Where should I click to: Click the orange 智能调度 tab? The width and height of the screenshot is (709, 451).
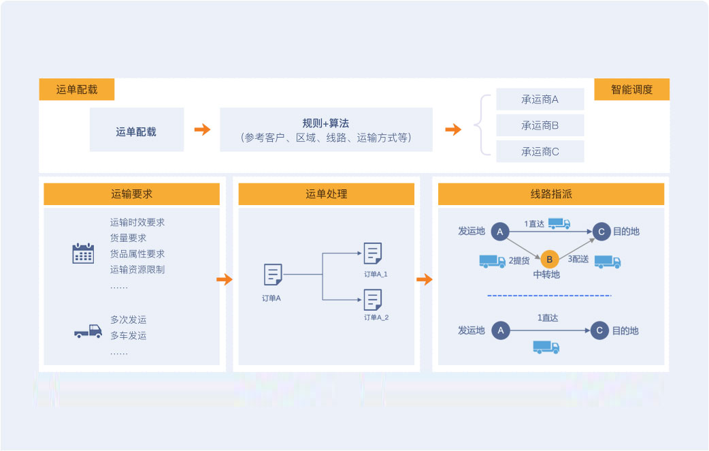coord(631,89)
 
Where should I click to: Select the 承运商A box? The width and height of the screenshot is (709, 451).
coord(540,99)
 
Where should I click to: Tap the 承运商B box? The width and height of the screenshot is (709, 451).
coord(540,125)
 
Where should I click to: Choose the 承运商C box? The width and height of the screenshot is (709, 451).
coord(540,151)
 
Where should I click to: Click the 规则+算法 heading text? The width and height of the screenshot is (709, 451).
coord(326,123)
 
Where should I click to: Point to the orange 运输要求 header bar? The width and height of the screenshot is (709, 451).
coord(131,194)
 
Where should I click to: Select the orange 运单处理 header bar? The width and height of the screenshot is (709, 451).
coord(326,194)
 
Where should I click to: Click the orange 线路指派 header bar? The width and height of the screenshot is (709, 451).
coord(550,194)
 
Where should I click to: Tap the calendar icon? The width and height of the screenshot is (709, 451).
coord(83,253)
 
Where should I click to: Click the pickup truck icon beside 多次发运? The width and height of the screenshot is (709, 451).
coord(88,332)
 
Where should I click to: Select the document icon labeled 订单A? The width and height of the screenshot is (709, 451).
coord(273,275)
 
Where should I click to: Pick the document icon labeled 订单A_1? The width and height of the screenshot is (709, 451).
coord(373,253)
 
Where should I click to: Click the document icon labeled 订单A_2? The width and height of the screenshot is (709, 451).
coord(373,300)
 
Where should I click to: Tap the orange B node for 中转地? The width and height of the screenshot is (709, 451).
coord(550,259)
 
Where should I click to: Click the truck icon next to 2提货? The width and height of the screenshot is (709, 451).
coord(493,261)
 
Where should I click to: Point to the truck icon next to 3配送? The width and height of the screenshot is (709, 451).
coord(608,261)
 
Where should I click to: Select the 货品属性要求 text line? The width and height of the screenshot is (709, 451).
coord(137,253)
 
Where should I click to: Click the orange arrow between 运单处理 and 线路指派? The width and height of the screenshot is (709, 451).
coord(425,279)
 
